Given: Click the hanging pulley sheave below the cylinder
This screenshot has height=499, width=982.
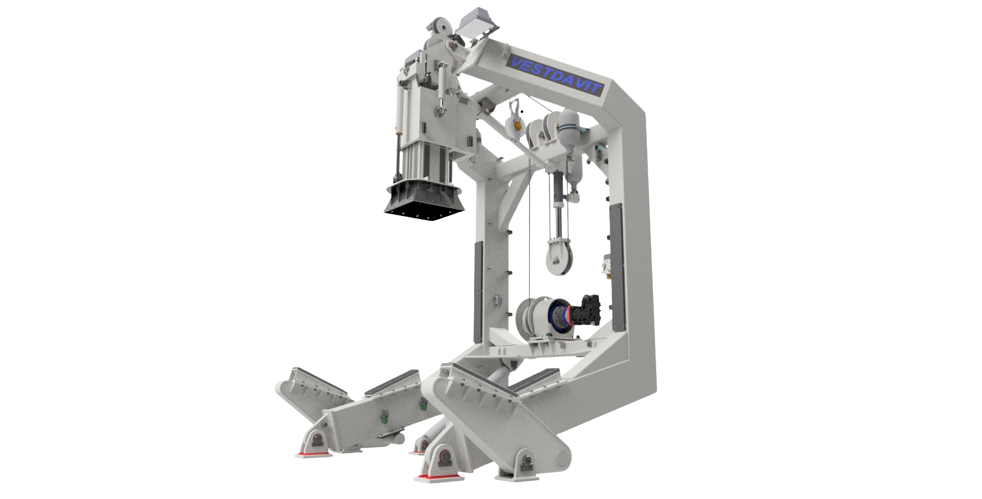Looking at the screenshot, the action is pyautogui.click(x=558, y=258).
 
